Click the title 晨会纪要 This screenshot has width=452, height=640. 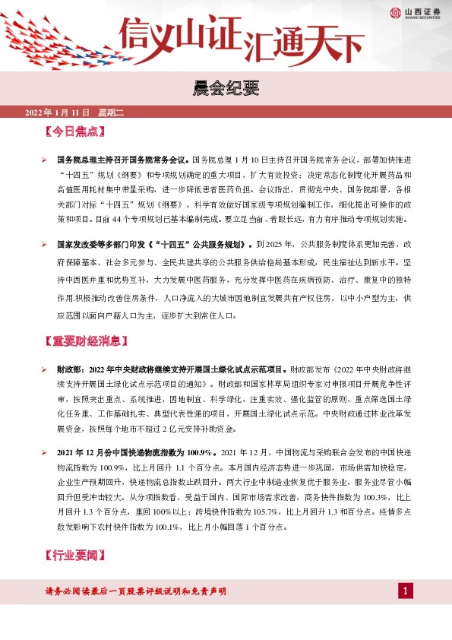tap(226, 90)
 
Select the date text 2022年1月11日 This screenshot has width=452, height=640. tap(58, 113)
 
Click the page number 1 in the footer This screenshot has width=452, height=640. tap(406, 591)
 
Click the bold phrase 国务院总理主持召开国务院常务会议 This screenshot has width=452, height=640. tap(122, 160)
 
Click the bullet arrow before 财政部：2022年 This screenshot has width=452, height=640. tap(44, 368)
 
